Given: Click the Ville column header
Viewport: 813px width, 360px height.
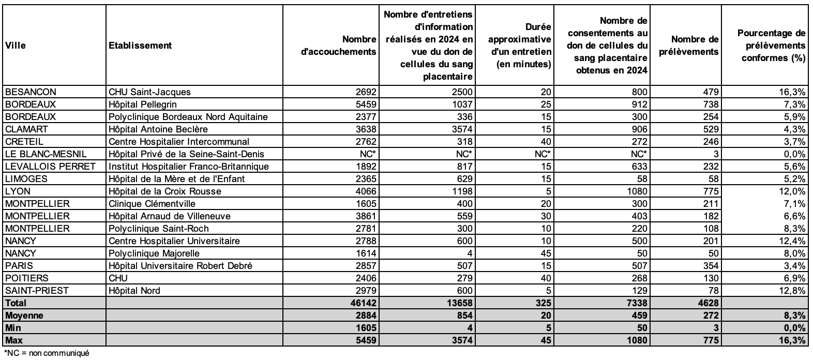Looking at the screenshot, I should point(16,46).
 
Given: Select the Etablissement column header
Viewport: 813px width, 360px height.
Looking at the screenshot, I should point(140,46).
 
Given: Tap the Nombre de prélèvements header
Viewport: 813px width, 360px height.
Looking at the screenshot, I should point(695,46).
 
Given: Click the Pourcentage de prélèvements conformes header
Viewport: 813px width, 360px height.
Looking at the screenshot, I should point(772,46).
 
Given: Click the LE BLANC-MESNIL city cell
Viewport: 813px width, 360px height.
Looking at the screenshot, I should point(46,154).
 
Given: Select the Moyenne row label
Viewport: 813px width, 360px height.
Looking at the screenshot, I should point(24,316).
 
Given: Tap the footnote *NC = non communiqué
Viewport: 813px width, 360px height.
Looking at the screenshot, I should point(47,354).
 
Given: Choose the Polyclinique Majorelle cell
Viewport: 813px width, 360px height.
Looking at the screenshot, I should point(154,253).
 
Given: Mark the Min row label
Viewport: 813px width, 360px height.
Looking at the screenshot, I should point(12,328).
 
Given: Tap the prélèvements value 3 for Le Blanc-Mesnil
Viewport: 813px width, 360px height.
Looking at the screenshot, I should point(716,154).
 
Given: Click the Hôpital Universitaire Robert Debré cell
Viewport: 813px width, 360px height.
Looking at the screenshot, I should point(180,266).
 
